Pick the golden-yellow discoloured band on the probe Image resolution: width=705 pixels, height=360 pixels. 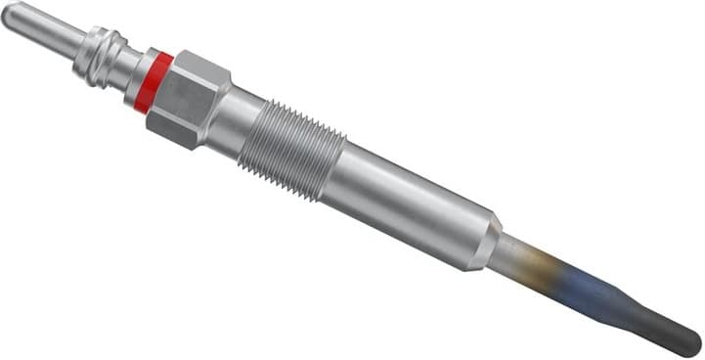pos(557,272)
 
